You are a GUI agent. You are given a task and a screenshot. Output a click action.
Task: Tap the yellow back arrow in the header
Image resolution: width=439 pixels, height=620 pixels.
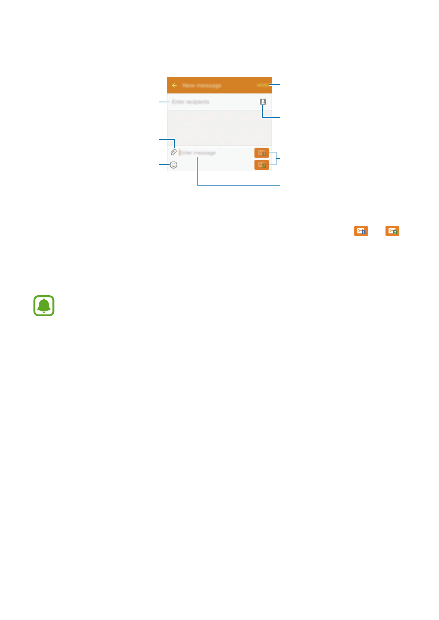pyautogui.click(x=174, y=85)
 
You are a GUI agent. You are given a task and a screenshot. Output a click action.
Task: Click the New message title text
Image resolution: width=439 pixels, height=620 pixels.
pyautogui.click(x=202, y=85)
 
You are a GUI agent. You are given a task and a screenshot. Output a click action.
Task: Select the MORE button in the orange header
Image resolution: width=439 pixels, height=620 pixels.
pyautogui.click(x=262, y=85)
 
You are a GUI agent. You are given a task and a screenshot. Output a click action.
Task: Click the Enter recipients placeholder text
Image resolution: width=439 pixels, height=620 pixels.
pyautogui.click(x=190, y=102)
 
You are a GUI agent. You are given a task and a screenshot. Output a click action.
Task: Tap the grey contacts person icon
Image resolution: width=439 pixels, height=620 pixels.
pyautogui.click(x=263, y=102)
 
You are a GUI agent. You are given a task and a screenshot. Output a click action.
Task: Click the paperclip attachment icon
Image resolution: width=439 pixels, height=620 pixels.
pyautogui.click(x=174, y=152)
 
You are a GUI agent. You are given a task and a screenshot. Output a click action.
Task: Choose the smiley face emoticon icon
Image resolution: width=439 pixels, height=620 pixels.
pyautogui.click(x=174, y=165)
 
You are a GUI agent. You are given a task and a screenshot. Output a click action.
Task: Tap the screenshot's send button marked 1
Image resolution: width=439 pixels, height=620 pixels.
pyautogui.click(x=261, y=152)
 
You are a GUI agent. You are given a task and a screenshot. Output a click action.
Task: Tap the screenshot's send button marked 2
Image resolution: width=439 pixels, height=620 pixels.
pyautogui.click(x=261, y=165)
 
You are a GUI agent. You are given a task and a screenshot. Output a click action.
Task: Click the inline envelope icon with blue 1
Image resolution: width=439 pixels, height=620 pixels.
pyautogui.click(x=361, y=231)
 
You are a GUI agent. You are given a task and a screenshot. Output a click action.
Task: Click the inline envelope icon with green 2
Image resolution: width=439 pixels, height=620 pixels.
pyautogui.click(x=392, y=231)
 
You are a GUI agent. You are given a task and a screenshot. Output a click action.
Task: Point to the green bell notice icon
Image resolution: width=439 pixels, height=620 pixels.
pyautogui.click(x=44, y=306)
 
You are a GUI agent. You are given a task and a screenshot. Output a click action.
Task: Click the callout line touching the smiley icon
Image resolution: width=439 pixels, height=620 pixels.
pyautogui.click(x=164, y=165)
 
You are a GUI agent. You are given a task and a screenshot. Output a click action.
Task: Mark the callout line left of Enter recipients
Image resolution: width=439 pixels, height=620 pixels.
pyautogui.click(x=164, y=102)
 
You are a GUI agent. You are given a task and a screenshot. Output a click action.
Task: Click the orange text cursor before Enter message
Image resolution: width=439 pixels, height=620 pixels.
pyautogui.click(x=180, y=152)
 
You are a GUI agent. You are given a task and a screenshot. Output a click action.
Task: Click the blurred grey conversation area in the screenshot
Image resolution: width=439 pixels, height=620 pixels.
pyautogui.click(x=219, y=128)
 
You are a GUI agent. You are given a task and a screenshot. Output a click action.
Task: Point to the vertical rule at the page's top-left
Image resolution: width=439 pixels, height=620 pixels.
pyautogui.click(x=25, y=12)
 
